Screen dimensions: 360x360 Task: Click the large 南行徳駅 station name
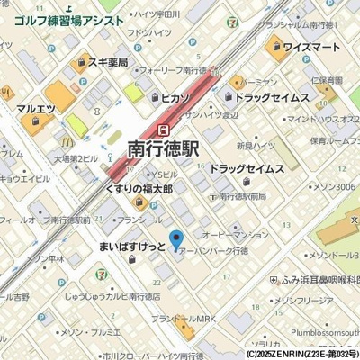tap(164, 148)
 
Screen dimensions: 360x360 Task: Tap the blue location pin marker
tap(176, 240)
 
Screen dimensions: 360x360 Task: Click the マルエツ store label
tap(37, 109)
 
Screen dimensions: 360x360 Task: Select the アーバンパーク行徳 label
tap(213, 252)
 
